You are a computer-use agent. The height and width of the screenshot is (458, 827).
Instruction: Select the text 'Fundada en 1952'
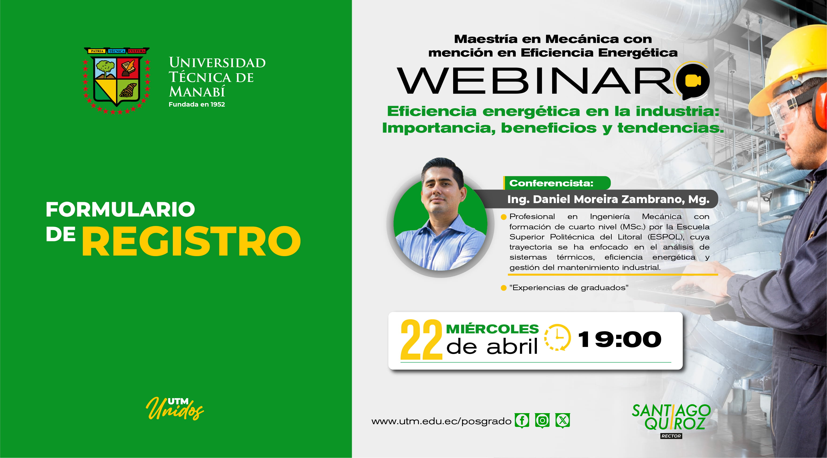point(197,104)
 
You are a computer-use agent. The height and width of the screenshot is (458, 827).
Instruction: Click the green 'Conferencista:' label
point(551,183)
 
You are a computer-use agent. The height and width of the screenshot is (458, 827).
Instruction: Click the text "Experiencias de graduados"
point(569,288)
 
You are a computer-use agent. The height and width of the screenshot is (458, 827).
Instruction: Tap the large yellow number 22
point(421,340)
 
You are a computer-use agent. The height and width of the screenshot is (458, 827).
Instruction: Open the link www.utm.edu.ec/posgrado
point(441,421)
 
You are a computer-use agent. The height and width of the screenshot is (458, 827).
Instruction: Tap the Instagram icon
point(542,420)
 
